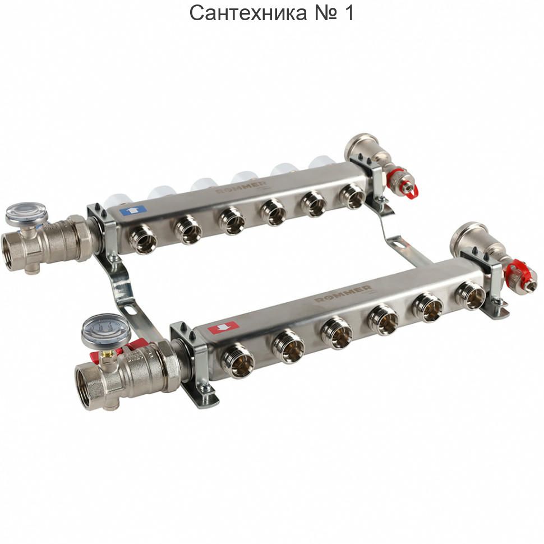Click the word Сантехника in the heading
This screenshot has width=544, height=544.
[248, 13]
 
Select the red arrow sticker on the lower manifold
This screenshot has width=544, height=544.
[223, 327]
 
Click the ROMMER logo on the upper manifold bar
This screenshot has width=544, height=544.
[241, 187]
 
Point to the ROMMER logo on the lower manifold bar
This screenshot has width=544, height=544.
[343, 294]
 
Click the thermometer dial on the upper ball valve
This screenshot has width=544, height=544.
[26, 213]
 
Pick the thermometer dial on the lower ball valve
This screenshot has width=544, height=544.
[106, 331]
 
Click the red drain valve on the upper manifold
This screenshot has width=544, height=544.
[402, 182]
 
